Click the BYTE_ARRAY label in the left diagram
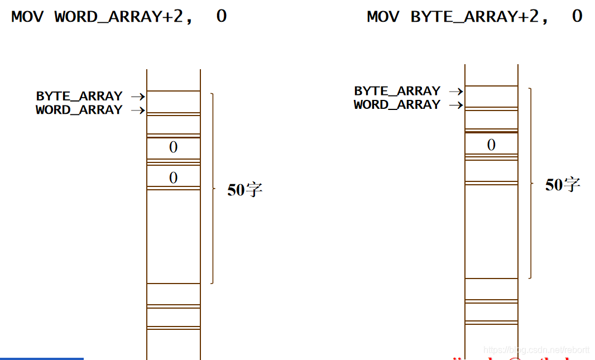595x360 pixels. [79, 96]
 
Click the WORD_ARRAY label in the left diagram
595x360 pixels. [79, 110]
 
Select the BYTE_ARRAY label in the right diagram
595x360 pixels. [397, 91]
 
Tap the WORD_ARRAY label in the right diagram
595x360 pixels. [397, 104]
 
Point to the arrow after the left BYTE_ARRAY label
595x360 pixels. [138, 97]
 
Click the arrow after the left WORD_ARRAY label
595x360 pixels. [138, 111]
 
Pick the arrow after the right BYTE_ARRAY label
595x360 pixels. [456, 92]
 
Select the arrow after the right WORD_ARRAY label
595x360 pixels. [456, 105]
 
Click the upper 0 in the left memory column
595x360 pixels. [173, 147]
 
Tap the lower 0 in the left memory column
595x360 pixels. [173, 178]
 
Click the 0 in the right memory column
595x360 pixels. [491, 145]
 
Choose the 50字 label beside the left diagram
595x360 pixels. [244, 190]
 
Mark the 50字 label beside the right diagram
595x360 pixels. [563, 185]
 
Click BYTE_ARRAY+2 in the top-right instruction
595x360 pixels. [479, 16]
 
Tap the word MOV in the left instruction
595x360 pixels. [27, 16]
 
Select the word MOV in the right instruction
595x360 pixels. [383, 16]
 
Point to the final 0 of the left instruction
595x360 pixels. [221, 16]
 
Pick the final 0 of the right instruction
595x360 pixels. [577, 16]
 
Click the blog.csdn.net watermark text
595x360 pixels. [536, 350]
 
